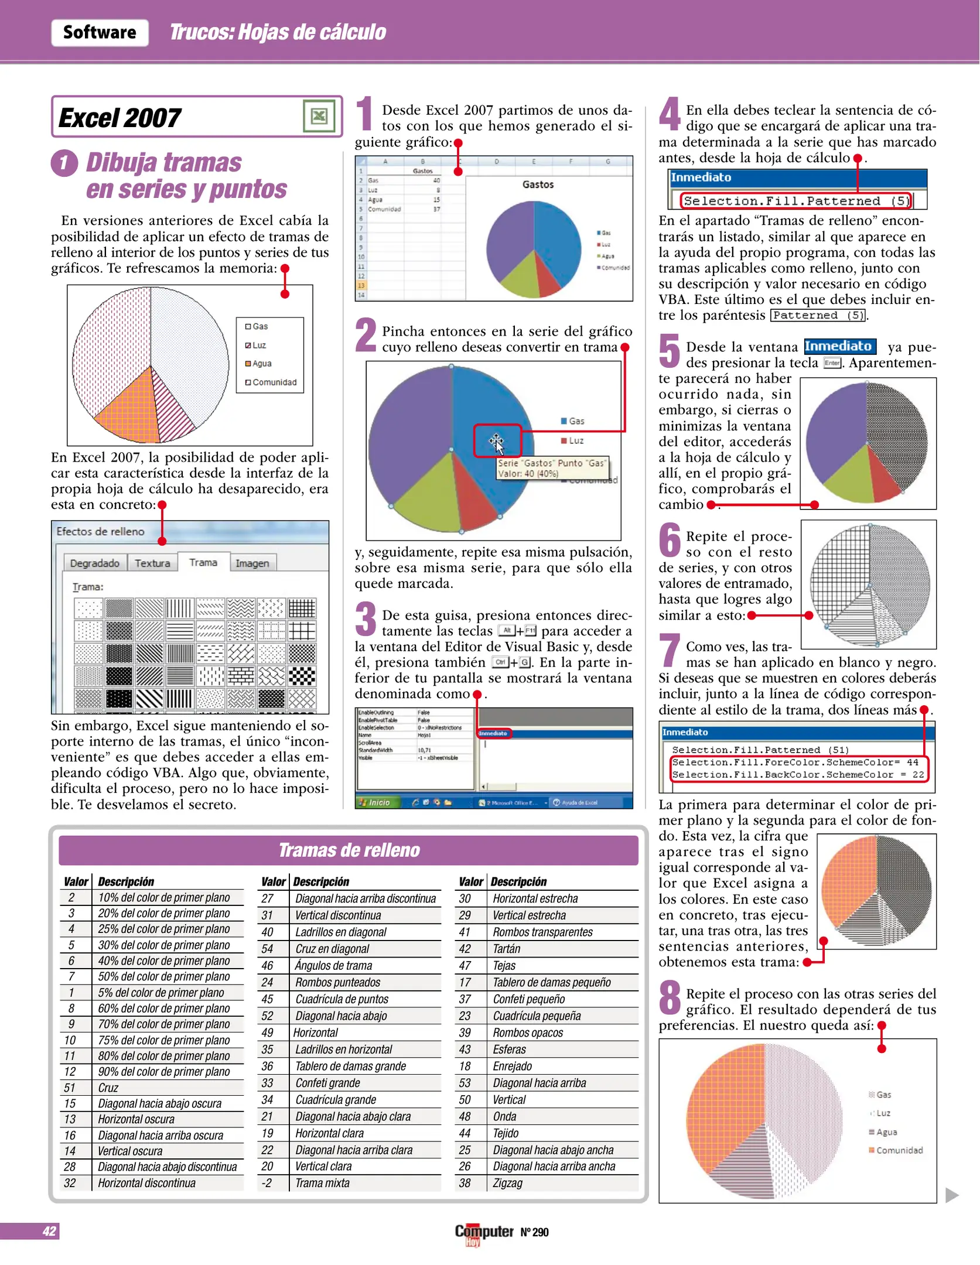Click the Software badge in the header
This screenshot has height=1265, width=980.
point(100,32)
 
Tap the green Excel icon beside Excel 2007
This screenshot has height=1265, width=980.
point(319,116)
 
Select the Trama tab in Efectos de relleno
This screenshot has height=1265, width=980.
point(203,562)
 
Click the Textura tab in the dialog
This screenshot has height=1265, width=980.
point(152,563)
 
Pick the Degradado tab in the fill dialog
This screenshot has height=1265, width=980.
point(94,563)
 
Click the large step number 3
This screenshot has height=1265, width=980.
point(366,619)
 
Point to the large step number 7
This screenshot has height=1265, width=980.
point(670,650)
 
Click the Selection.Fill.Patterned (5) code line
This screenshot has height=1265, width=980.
point(796,201)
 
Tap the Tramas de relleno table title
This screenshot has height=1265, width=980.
point(349,850)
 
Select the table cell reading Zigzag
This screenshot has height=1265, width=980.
point(507,1183)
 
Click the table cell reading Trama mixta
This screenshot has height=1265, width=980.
point(322,1183)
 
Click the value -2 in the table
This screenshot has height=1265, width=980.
point(267,1183)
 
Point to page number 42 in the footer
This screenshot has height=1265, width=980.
point(49,1231)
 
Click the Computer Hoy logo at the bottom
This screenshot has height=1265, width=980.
point(484,1233)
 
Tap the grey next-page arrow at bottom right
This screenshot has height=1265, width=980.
point(952,1195)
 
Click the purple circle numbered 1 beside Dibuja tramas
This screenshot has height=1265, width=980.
point(64,163)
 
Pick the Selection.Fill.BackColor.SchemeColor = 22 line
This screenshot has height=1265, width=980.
point(797,774)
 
